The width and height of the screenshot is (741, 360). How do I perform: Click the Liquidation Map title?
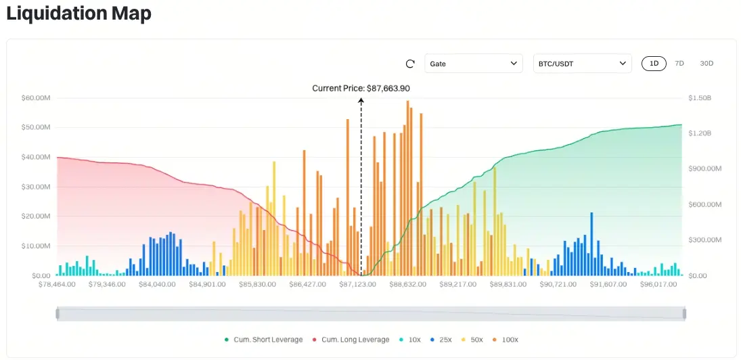[78, 14]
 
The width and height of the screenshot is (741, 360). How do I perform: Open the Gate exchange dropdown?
[474, 64]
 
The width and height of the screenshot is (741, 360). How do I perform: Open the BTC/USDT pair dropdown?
[582, 64]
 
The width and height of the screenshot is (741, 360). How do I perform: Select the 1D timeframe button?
[654, 64]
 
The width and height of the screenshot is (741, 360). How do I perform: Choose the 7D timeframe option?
[679, 64]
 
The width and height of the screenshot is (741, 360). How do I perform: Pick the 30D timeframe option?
[706, 64]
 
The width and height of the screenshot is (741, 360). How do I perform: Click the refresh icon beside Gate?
[410, 64]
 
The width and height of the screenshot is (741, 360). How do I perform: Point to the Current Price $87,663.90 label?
[361, 88]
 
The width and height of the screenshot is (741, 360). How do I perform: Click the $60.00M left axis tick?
[36, 98]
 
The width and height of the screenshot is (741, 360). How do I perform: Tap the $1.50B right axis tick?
[700, 98]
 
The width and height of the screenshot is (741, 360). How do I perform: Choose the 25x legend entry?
[444, 340]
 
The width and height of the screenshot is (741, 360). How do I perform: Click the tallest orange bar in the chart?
[407, 189]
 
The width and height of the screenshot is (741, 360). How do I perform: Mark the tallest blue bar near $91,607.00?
[591, 244]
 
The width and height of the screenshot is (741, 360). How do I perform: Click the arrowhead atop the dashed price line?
[361, 100]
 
